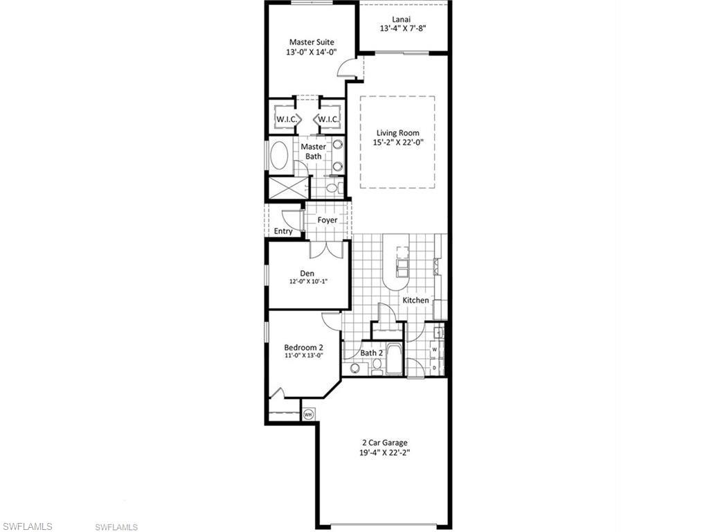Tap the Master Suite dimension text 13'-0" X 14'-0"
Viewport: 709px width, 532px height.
pos(312,52)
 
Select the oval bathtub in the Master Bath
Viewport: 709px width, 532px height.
pos(280,155)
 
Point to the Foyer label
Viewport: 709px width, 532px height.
pos(327,220)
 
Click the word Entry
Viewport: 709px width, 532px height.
pos(283,231)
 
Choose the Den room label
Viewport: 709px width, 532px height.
pos(307,273)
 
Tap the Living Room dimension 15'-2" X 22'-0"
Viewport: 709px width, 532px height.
pos(398,142)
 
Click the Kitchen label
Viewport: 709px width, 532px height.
pos(415,300)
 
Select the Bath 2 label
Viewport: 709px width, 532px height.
pos(372,353)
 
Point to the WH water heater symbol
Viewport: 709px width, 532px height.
pos(308,414)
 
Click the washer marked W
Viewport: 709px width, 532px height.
pos(435,349)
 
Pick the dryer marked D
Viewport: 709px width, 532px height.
pos(435,368)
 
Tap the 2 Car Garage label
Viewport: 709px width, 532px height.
pos(385,443)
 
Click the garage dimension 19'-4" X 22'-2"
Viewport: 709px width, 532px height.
pos(385,452)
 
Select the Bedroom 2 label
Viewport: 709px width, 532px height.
pos(303,348)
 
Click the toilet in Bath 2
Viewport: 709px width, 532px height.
pos(376,366)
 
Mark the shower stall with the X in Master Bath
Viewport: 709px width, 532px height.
pos(280,188)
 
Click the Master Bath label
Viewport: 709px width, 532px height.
pos(313,152)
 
